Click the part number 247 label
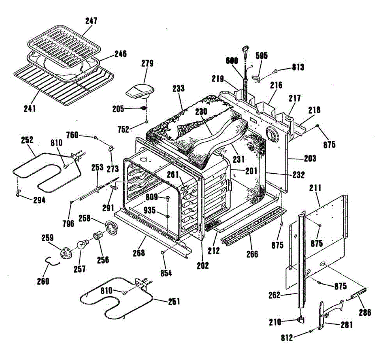91,21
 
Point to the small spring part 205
144,108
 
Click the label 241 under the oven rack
29,108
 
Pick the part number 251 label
174,302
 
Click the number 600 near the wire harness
232,61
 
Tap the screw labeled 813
275,70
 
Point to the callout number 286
365,312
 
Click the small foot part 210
301,320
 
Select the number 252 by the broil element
27,140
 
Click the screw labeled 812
311,331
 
